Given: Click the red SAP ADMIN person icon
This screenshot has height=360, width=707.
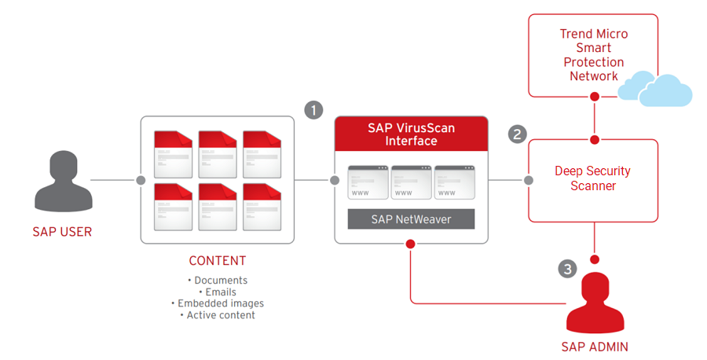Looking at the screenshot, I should coord(595,303).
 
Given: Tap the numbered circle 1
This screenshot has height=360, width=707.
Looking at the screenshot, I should coord(313,110).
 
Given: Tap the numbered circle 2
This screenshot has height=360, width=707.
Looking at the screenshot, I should coord(517,134).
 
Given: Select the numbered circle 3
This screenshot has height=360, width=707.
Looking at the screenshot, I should coord(568,269).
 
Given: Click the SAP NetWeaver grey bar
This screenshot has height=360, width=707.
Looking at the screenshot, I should coord(411,219).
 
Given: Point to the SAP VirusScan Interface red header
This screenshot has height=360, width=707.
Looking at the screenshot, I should coord(411,134).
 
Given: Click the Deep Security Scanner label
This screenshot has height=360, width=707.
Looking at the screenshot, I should coord(592,178).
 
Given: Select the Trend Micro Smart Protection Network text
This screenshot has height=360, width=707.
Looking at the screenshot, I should coord(593,55).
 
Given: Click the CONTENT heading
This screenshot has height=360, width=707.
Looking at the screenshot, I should coord(218,261).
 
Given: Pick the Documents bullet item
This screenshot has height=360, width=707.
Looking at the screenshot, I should coord(218,281).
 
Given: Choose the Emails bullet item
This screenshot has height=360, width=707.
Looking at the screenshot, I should coord(218,292).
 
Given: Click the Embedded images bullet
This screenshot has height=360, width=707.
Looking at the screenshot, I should coord(218,303).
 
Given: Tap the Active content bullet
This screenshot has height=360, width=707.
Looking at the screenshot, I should coord(218,315).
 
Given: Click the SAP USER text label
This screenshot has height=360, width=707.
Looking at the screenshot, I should coord(62,232).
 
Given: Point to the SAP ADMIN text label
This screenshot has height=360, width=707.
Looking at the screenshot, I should coord(595,347).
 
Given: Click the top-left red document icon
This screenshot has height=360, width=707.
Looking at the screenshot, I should coord(174,150).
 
